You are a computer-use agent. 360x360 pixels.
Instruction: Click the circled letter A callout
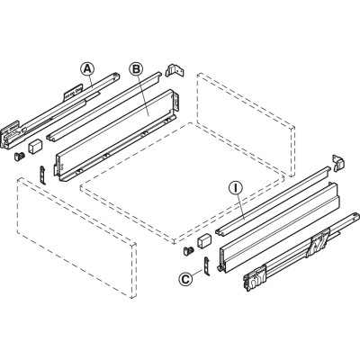click(87, 69)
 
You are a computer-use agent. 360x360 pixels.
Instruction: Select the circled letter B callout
click(136, 69)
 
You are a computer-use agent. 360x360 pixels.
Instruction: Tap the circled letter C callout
click(185, 279)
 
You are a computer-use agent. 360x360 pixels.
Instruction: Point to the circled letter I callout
click(236, 188)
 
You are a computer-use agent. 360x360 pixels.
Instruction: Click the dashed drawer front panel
click(76, 238)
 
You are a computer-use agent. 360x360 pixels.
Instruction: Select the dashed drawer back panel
click(246, 124)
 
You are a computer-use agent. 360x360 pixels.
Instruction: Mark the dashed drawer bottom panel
click(183, 183)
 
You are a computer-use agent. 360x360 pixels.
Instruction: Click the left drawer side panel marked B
click(117, 135)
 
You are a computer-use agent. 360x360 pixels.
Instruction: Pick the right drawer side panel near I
click(279, 227)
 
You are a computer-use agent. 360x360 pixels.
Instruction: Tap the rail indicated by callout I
click(273, 200)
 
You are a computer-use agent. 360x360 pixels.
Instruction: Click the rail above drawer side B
click(103, 106)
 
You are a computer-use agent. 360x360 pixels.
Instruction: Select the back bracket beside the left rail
click(174, 70)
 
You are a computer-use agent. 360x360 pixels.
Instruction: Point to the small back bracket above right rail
click(338, 163)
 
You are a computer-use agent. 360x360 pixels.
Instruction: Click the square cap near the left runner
click(35, 146)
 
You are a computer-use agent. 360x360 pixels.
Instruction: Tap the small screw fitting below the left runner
click(20, 156)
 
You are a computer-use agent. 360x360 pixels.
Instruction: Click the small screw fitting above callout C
click(188, 251)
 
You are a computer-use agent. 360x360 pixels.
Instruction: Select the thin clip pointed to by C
click(207, 265)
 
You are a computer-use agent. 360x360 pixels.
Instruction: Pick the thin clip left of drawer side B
click(43, 175)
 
